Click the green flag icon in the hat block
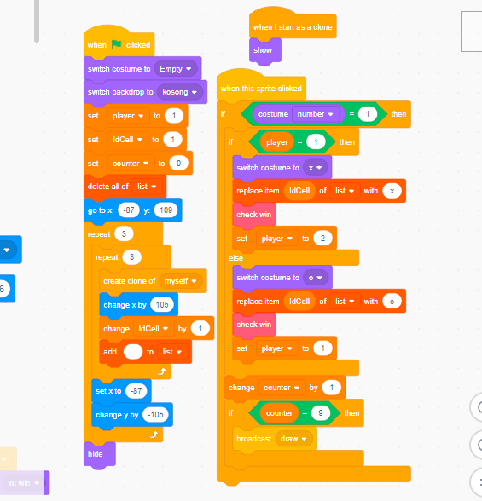(x=116, y=44)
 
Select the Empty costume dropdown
(x=176, y=69)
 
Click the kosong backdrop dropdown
(x=179, y=92)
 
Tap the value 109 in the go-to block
(x=166, y=210)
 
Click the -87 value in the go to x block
(x=129, y=210)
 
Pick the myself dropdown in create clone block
(x=180, y=281)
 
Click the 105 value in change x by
(x=162, y=304)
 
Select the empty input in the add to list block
(x=133, y=352)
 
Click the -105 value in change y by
(x=155, y=415)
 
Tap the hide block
(x=100, y=454)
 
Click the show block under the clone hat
(x=265, y=50)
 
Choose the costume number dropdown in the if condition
(x=316, y=114)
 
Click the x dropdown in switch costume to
(x=315, y=168)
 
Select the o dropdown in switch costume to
(x=316, y=278)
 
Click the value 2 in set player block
(x=322, y=239)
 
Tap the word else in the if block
(x=236, y=258)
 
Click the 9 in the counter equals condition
(x=321, y=413)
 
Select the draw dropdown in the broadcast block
(x=293, y=439)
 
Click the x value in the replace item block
(x=392, y=191)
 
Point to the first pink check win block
(x=254, y=215)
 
